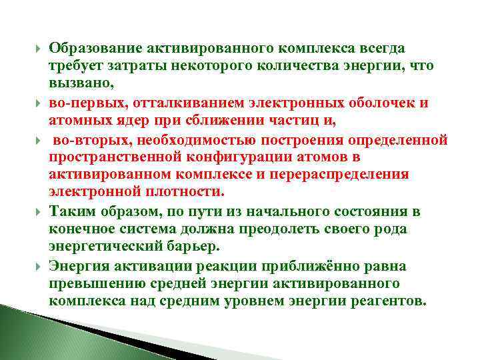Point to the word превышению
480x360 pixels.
(94, 283)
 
